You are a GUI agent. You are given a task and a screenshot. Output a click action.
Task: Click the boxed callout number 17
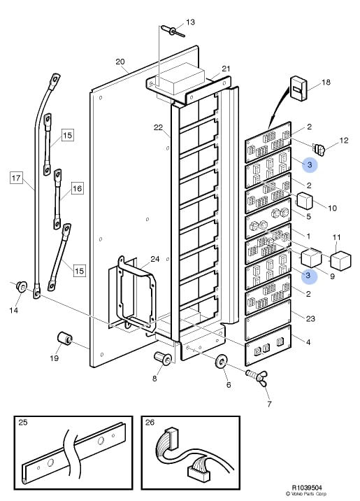(x=17, y=177)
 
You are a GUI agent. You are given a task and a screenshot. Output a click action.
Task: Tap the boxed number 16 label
(x=77, y=188)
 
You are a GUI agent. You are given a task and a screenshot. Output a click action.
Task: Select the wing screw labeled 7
(x=257, y=376)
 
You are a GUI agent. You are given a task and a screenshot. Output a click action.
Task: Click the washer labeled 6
(x=221, y=361)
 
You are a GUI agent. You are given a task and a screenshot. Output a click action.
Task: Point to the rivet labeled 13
(x=173, y=31)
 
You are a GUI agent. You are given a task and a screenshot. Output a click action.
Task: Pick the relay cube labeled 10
(x=305, y=201)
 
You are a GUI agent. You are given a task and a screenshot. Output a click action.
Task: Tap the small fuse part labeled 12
(x=319, y=149)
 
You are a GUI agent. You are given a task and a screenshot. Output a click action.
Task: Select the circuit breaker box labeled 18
(x=298, y=88)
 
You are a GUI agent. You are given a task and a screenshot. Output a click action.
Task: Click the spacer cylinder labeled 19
(x=65, y=339)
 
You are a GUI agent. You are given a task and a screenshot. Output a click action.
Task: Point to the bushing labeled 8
(x=163, y=358)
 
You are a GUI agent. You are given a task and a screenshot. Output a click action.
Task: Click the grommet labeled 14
(x=22, y=286)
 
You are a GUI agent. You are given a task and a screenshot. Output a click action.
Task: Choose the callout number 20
(x=120, y=62)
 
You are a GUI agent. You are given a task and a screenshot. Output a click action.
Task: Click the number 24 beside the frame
(x=154, y=259)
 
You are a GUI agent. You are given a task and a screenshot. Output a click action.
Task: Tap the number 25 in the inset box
(x=23, y=423)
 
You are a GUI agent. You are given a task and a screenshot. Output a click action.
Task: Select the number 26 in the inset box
(x=150, y=423)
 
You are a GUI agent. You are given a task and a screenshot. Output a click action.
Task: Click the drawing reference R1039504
(x=307, y=488)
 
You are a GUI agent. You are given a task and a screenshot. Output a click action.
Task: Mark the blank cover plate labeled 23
(x=268, y=320)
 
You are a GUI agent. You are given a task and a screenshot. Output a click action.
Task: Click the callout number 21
(x=226, y=69)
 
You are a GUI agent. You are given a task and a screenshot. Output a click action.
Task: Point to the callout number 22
(x=158, y=127)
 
